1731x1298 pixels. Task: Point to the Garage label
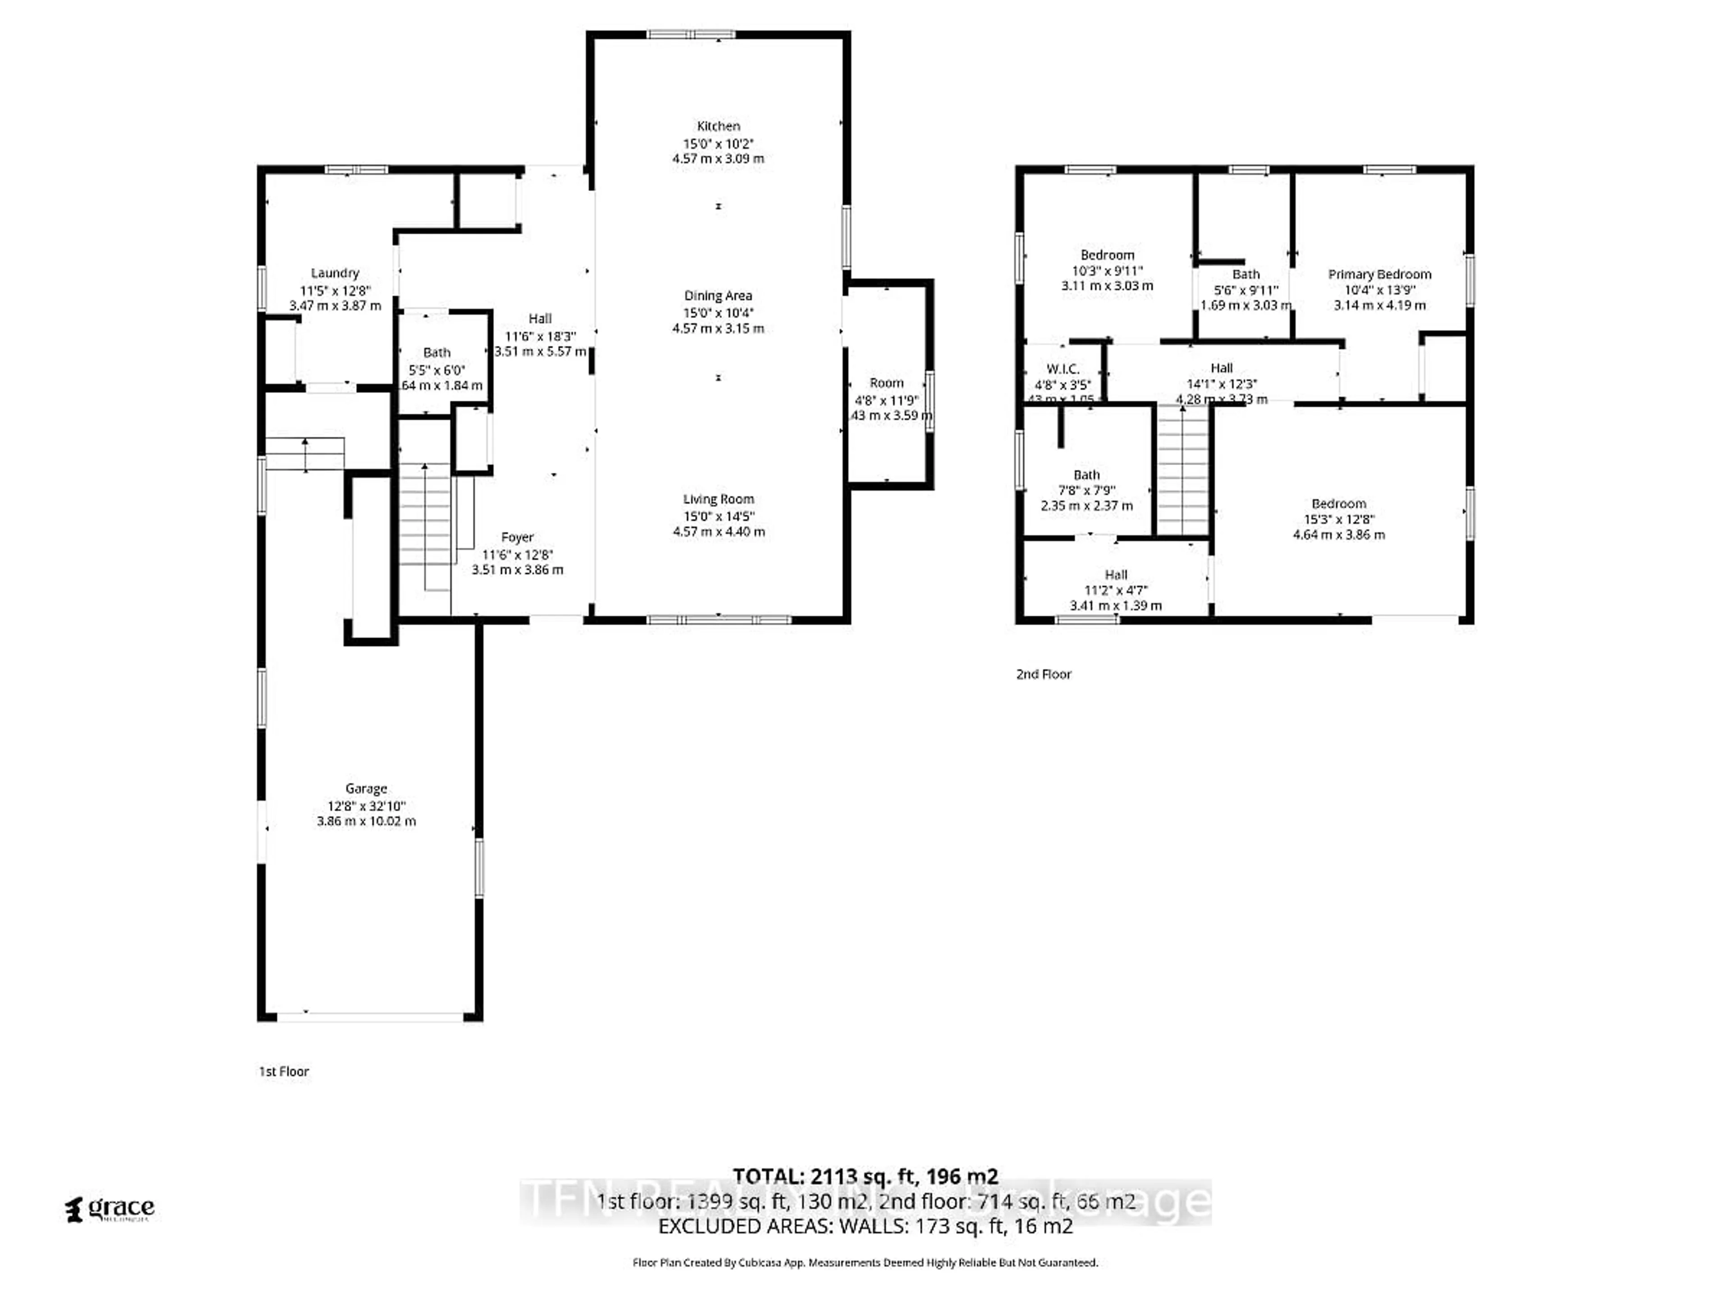tap(366, 789)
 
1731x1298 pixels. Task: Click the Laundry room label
tap(335, 273)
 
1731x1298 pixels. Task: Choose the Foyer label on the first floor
tap(517, 538)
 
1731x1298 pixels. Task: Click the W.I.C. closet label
tap(1062, 369)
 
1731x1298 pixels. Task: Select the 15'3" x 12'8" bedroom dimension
tap(1338, 520)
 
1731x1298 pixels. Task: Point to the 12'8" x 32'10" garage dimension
tap(366, 806)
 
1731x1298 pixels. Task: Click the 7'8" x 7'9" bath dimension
tap(1086, 490)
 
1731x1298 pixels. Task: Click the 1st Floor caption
tap(284, 1072)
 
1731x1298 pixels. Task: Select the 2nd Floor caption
tap(1043, 674)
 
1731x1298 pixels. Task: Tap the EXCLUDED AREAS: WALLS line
tap(865, 1226)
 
